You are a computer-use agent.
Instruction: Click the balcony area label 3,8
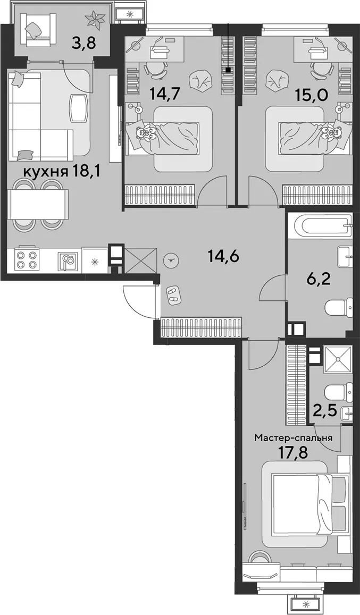[83, 41]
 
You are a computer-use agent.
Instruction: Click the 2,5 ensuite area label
[324, 412]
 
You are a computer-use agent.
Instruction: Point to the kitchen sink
[68, 260]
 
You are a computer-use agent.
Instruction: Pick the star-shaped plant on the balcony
[96, 18]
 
